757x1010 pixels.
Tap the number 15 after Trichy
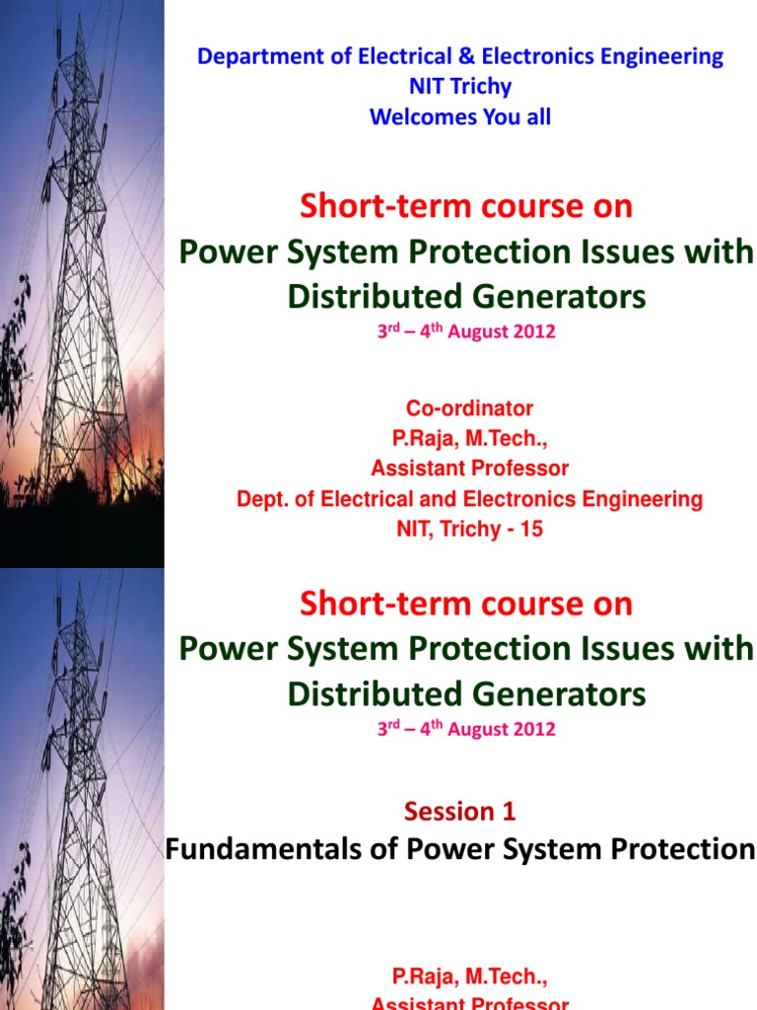pos(531,530)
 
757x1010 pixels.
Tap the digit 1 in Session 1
pos(509,812)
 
